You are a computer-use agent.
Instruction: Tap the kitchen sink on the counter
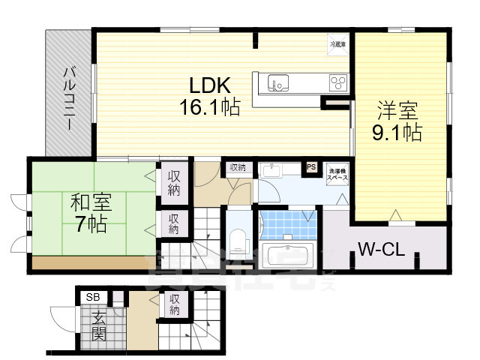(x=280, y=82)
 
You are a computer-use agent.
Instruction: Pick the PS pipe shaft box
(x=310, y=168)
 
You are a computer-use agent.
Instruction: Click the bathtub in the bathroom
(x=288, y=251)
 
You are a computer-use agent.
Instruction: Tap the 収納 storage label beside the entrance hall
(x=175, y=304)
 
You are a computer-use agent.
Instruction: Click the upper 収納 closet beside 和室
(x=174, y=183)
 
